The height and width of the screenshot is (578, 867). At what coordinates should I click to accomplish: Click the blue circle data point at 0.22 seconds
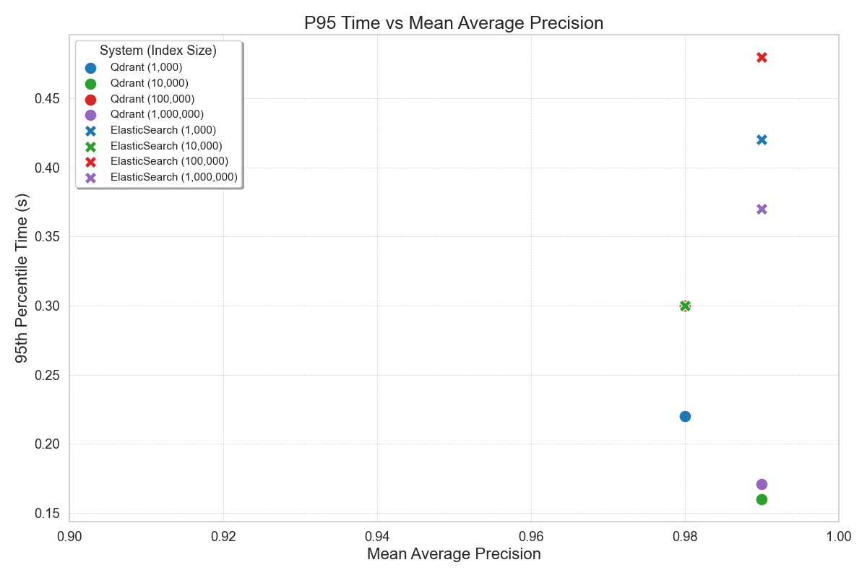685,416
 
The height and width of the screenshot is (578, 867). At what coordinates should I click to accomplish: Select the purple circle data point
762,484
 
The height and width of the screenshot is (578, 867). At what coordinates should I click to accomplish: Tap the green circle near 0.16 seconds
762,499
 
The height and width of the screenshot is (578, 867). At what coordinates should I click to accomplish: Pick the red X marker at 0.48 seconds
762,58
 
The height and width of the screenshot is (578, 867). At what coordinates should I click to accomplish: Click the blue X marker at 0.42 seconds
762,139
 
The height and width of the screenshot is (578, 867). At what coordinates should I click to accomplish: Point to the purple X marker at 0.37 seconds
762,210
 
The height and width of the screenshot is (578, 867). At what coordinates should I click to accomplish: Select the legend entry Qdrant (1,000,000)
157,114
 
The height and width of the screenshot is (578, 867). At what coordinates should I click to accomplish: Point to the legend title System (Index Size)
158,51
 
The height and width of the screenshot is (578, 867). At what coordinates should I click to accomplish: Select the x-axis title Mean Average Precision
454,554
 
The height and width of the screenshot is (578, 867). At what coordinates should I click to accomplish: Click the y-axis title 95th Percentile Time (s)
23,278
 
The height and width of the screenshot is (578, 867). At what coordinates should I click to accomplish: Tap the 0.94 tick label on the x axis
377,537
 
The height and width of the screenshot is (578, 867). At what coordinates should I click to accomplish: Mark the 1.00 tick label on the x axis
838,537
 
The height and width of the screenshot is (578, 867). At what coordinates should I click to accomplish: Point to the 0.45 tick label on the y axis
48,99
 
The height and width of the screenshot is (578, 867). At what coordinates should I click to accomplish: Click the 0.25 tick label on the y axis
48,376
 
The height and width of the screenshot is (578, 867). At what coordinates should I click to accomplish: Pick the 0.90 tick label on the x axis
70,537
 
